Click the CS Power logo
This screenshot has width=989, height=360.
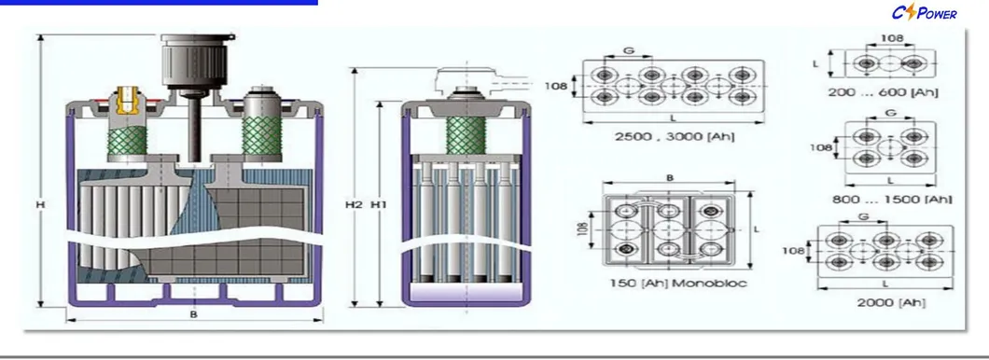tap(925, 13)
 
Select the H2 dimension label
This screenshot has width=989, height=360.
tap(352, 203)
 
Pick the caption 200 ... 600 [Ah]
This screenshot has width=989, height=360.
tap(883, 93)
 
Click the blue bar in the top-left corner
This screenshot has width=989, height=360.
tap(159, 4)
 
